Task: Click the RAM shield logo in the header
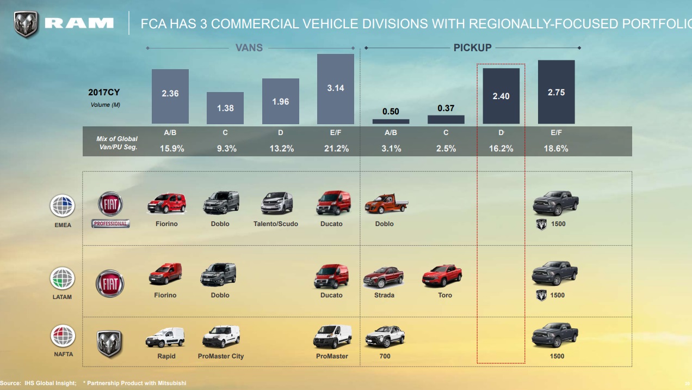(x=26, y=24)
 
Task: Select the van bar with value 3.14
(x=335, y=89)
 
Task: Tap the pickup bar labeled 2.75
(x=556, y=92)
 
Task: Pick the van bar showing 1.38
(x=225, y=108)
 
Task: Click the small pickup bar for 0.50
(x=391, y=121)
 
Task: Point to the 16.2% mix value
(x=501, y=148)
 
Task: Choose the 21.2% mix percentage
(x=335, y=148)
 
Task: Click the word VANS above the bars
(x=249, y=48)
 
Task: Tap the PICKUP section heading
(x=472, y=48)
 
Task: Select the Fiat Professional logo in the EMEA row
(x=111, y=209)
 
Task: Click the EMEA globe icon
(x=63, y=206)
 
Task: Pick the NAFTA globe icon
(x=63, y=336)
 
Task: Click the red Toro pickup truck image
(x=442, y=276)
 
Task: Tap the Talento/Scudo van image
(x=276, y=203)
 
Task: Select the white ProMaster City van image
(x=221, y=337)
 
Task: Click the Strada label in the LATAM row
(x=384, y=295)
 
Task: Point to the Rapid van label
(x=166, y=356)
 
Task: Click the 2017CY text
(x=104, y=93)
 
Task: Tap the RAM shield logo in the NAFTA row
(x=109, y=344)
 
